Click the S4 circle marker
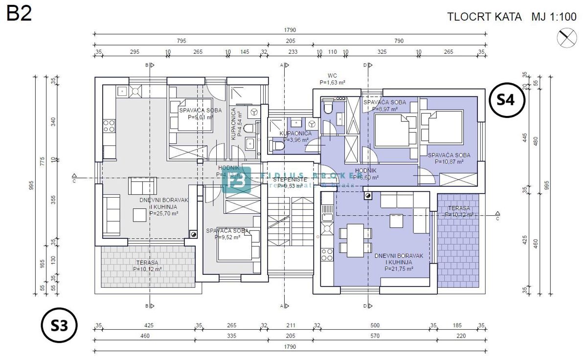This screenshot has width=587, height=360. (x=506, y=100)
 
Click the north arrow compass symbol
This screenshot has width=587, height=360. (x=567, y=38)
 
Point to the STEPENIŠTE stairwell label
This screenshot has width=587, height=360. (x=290, y=180)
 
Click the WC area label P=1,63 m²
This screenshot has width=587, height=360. (x=332, y=83)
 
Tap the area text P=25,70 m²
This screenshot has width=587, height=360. (x=163, y=213)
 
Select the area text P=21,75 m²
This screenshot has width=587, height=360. (x=399, y=269)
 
